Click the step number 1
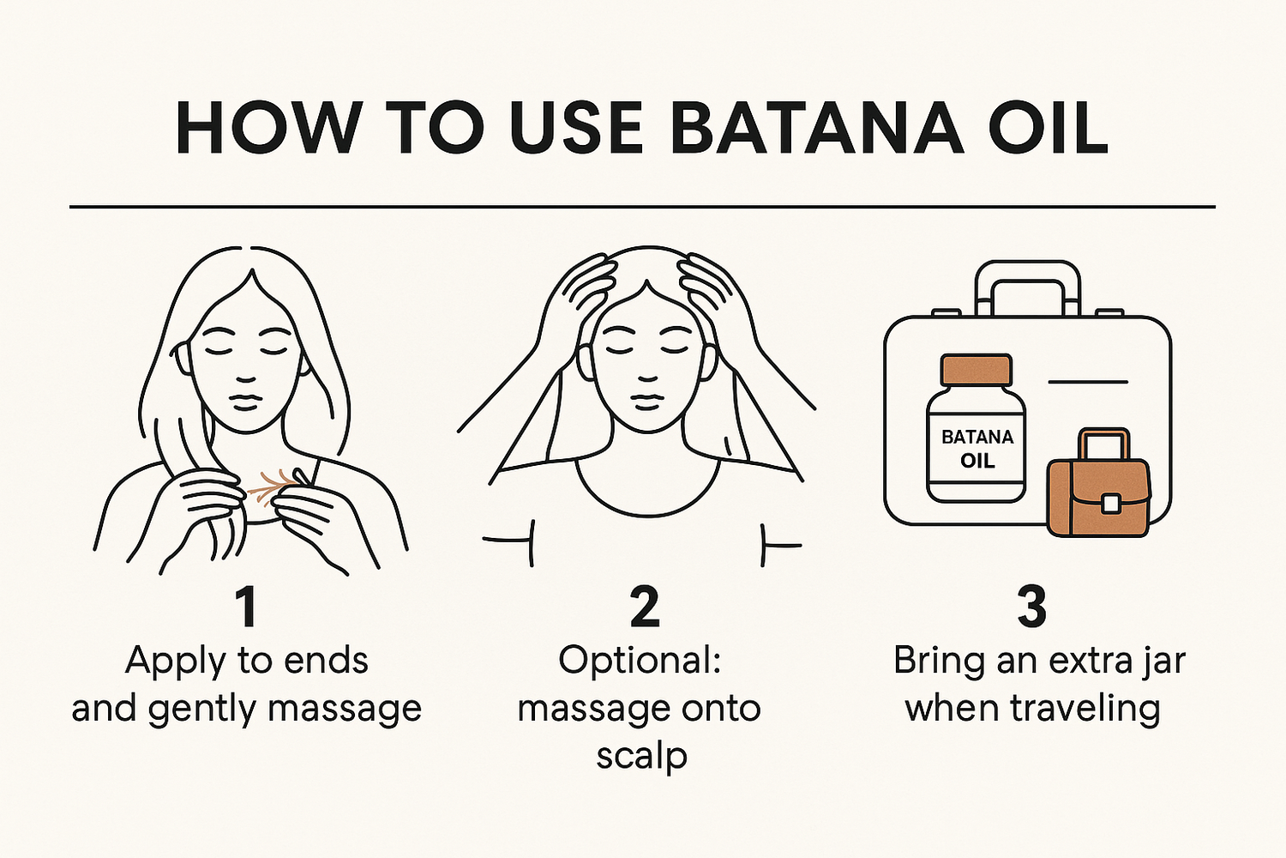pyautogui.click(x=247, y=608)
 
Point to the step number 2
pyautogui.click(x=645, y=608)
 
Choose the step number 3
pyautogui.click(x=1031, y=608)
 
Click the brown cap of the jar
pyautogui.click(x=976, y=370)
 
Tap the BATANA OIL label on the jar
pyautogui.click(x=977, y=449)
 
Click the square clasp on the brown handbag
pyautogui.click(x=1109, y=504)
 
